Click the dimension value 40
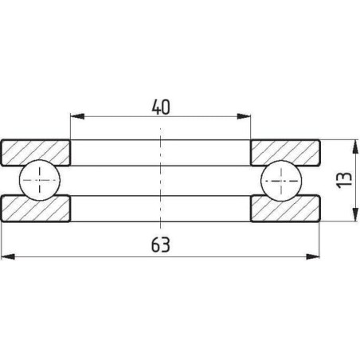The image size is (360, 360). click(x=161, y=108)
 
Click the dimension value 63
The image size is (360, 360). click(x=161, y=245)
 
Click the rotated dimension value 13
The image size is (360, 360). click(x=344, y=180)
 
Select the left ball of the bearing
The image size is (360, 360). click(x=40, y=180)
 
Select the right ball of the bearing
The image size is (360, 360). click(x=281, y=181)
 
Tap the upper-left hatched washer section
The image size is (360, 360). click(x=36, y=152)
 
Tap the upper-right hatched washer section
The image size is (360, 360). click(x=285, y=152)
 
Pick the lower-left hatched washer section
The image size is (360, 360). click(x=36, y=209)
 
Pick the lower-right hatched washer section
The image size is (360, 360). click(x=285, y=209)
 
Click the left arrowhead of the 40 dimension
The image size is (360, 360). click(x=77, y=116)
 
